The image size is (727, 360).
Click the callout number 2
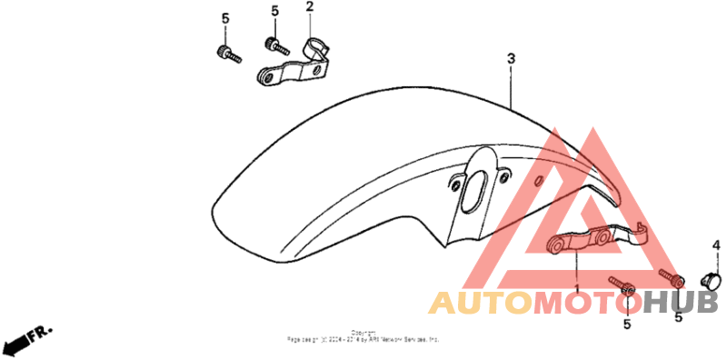point(309,7)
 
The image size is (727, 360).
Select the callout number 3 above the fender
point(511,59)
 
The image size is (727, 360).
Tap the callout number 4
point(715,246)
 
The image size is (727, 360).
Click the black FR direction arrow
point(15,345)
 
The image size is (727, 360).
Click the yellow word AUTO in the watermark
point(480,303)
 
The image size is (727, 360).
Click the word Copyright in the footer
point(363,333)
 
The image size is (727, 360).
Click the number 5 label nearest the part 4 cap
point(678,317)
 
